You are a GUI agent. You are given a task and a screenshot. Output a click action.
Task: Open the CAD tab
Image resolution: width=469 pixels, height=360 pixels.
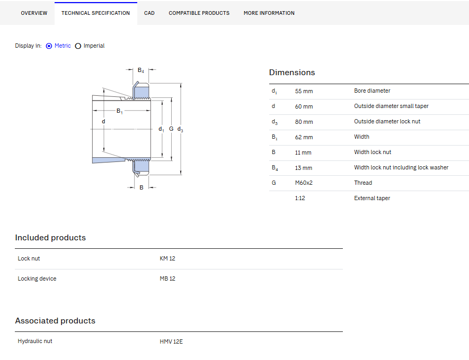point(149,13)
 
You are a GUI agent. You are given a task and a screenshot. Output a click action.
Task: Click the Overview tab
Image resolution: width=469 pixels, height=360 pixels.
point(34,13)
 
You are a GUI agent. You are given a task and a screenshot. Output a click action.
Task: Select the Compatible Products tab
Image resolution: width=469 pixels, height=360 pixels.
point(199,13)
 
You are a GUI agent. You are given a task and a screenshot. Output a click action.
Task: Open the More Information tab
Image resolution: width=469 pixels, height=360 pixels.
point(269,13)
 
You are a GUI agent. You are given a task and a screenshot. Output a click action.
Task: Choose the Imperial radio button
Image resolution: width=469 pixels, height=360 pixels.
point(78,46)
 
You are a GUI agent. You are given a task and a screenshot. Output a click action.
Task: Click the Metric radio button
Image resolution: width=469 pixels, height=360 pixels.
point(49,46)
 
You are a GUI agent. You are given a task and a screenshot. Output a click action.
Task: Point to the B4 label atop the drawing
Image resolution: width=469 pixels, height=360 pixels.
point(141,70)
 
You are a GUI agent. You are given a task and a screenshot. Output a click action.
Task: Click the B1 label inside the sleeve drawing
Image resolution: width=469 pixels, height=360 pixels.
point(120,111)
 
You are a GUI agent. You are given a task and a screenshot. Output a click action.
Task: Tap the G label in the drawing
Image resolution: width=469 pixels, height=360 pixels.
point(171,129)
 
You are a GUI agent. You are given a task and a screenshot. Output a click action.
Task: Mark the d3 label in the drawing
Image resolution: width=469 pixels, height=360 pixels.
point(180,129)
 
